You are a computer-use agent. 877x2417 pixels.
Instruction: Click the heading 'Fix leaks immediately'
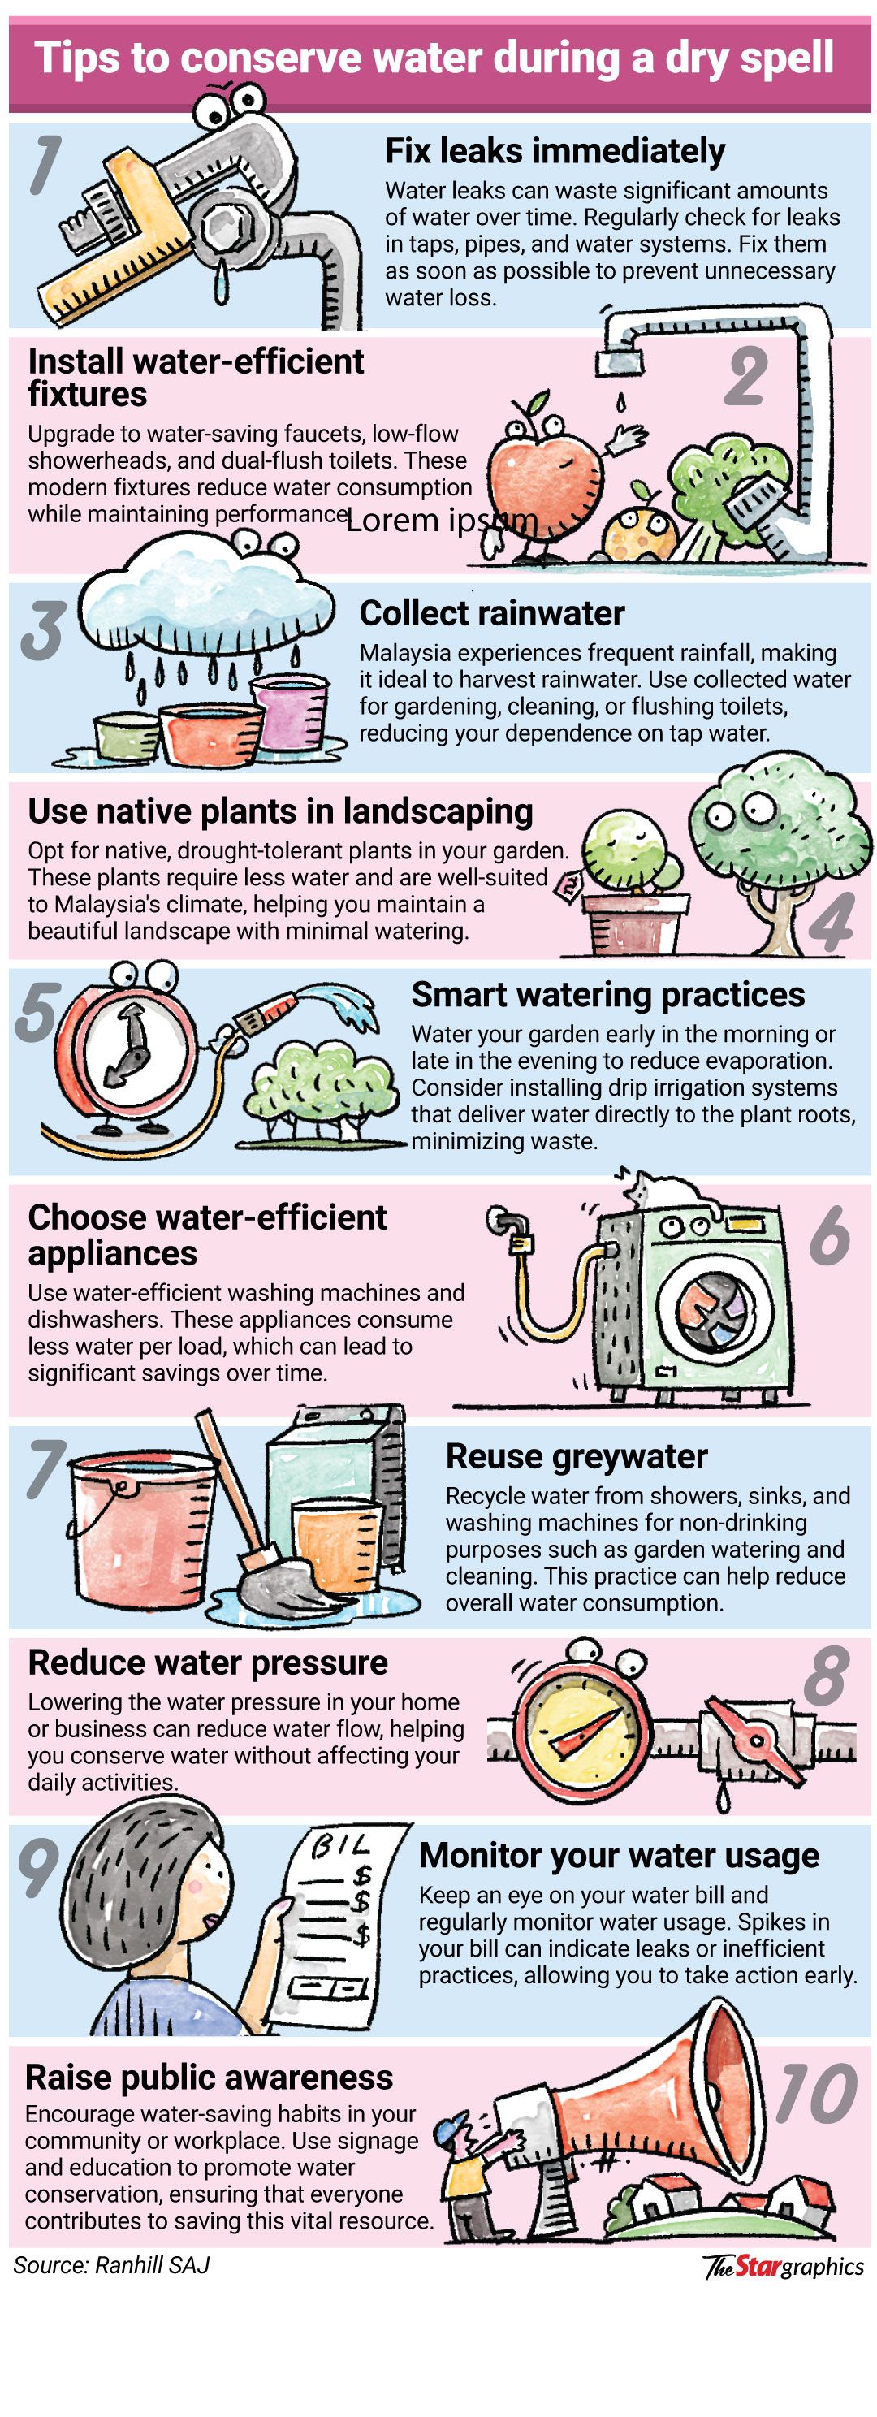point(555,151)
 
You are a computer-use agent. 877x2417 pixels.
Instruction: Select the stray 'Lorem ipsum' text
point(442,521)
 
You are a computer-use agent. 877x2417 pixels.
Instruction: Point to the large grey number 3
point(43,629)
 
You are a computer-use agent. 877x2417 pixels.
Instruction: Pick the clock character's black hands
point(129,1044)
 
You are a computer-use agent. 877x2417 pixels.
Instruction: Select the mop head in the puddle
point(279,1585)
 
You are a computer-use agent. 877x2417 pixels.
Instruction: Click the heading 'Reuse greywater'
point(576,1456)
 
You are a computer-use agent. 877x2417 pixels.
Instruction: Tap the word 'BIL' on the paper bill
point(339,1845)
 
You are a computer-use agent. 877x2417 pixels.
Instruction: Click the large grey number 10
point(815,2095)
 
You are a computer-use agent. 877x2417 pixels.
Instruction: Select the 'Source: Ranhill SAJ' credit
point(111,2265)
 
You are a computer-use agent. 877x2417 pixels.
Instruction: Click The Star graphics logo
point(783,2267)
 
